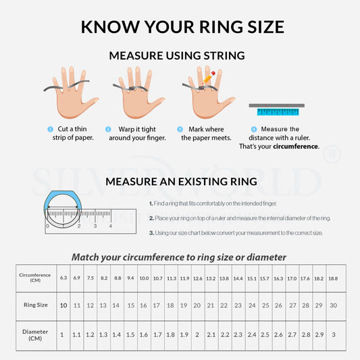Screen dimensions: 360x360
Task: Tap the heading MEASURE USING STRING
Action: point(177,55)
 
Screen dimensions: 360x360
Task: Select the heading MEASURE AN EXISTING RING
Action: point(181,181)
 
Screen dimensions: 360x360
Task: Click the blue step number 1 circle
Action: point(49,129)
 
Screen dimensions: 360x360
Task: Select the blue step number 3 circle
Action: point(180,129)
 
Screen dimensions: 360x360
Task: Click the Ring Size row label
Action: point(35,305)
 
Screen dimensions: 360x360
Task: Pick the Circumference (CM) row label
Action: point(35,278)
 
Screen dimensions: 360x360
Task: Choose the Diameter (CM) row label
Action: point(35,334)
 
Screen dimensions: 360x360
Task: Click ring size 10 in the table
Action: point(63,305)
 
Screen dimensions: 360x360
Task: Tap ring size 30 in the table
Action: point(332,305)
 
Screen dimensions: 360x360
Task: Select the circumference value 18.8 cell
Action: point(332,278)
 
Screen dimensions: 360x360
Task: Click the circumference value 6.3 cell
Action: point(63,278)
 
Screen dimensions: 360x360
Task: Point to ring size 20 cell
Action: point(197,305)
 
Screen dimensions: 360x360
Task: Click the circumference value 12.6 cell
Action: point(197,278)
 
